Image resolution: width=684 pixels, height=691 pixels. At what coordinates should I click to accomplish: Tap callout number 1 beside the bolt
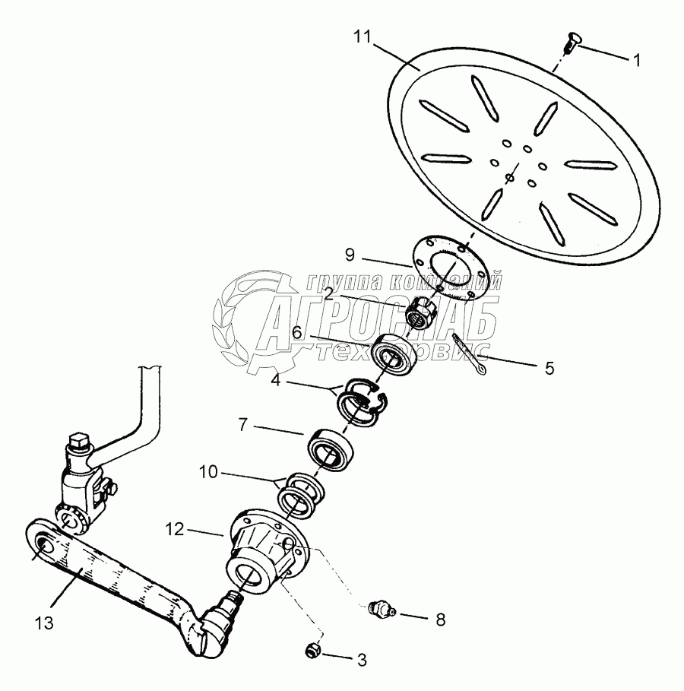636,59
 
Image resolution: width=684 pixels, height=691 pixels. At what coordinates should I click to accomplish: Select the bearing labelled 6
393,350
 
